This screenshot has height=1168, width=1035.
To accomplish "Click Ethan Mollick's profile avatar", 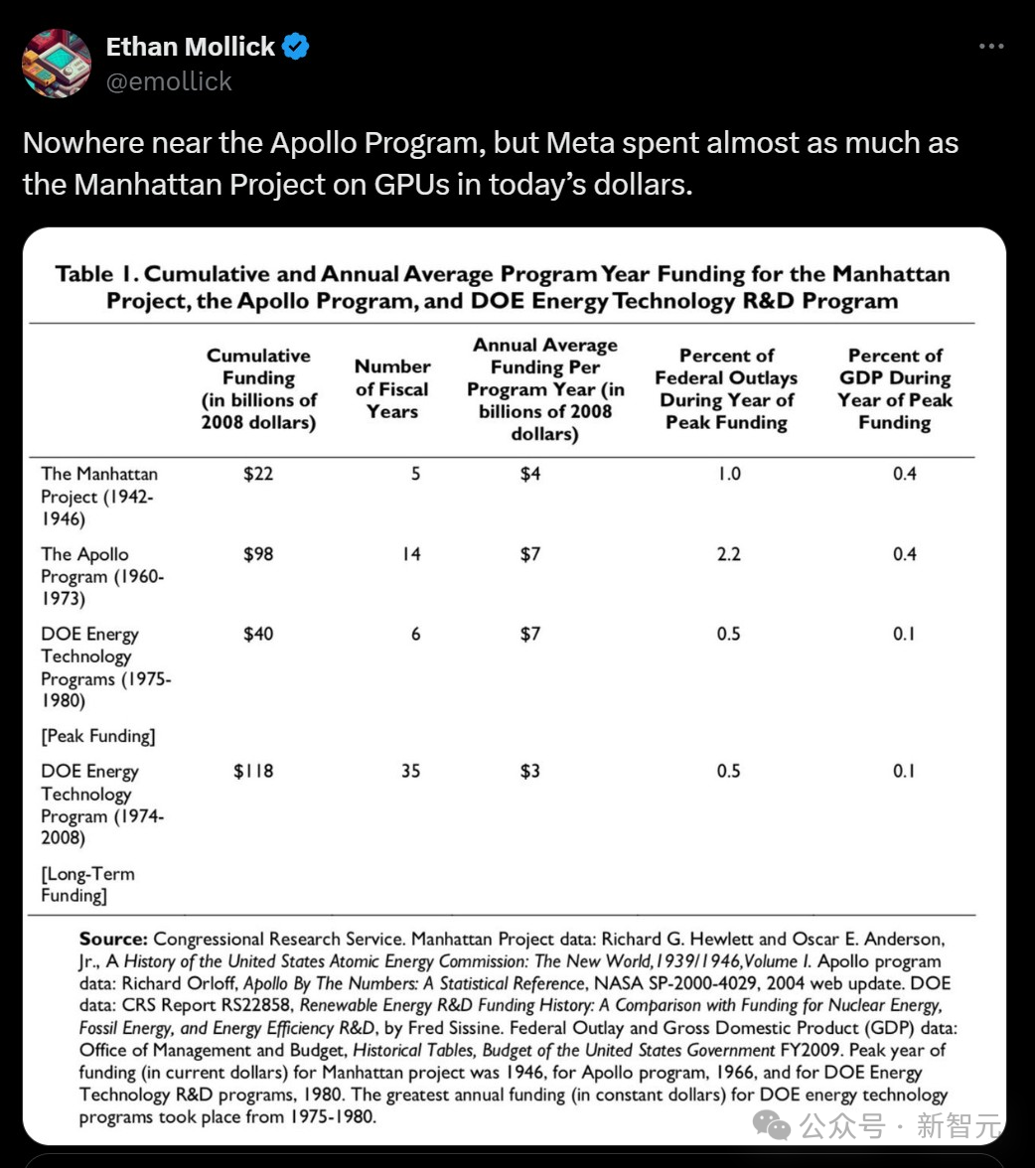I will [x=57, y=63].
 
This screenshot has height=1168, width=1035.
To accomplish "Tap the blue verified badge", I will [x=296, y=47].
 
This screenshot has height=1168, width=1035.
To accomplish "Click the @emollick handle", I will [x=169, y=81].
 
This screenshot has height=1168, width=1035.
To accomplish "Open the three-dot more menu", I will [x=991, y=47].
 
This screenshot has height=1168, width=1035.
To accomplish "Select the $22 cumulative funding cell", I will [x=258, y=474].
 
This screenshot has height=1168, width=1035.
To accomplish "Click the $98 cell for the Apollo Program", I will [x=258, y=554].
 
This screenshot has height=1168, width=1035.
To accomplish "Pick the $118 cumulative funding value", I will [x=253, y=771].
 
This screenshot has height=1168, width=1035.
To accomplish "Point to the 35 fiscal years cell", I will [x=411, y=771].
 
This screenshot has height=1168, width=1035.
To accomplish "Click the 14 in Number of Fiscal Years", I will [x=411, y=554].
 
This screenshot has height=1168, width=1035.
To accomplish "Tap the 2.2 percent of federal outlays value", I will [x=729, y=554].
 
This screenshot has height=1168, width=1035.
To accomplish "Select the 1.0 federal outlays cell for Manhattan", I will [x=729, y=474].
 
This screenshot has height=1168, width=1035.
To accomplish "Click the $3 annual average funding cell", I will [x=530, y=771].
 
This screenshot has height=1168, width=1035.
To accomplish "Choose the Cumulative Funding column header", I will [x=258, y=388].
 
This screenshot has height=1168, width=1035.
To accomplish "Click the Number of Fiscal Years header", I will [x=392, y=388].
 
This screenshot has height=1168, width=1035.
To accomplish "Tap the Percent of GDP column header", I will [x=894, y=388].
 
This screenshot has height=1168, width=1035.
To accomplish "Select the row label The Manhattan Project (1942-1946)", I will [x=98, y=496].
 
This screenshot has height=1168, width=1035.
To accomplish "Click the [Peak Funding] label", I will [x=98, y=736].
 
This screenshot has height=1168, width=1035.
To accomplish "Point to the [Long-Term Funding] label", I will [x=87, y=884].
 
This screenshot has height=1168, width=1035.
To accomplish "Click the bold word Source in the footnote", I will [x=113, y=939].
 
